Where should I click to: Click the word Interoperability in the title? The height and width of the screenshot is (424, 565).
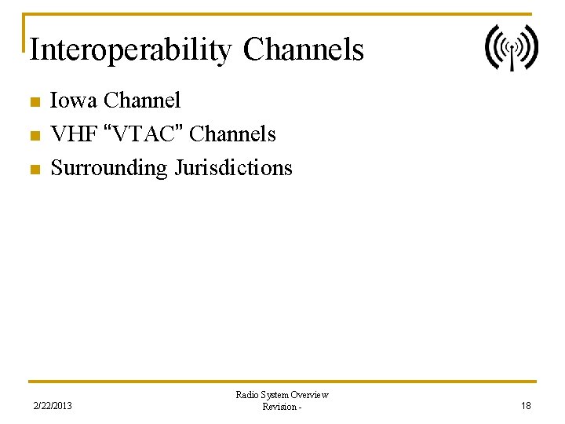pyautogui.click(x=130, y=49)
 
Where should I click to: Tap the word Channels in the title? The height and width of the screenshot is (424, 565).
pyautogui.click(x=304, y=49)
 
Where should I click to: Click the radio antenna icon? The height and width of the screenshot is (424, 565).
pyautogui.click(x=511, y=47)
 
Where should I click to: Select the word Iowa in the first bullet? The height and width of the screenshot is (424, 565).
pyautogui.click(x=75, y=101)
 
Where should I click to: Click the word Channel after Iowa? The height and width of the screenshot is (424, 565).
pyautogui.click(x=142, y=101)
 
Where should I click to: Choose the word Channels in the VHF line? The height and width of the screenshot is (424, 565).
pyautogui.click(x=233, y=134)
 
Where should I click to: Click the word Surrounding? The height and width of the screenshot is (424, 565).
pyautogui.click(x=109, y=168)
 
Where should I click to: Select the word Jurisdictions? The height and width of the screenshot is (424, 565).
pyautogui.click(x=233, y=168)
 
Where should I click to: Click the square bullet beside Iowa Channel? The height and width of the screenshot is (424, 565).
pyautogui.click(x=33, y=102)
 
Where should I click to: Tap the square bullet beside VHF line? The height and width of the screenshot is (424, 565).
pyautogui.click(x=33, y=136)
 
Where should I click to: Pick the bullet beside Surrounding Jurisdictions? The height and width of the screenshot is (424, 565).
pyautogui.click(x=33, y=170)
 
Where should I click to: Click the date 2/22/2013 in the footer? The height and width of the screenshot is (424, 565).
pyautogui.click(x=53, y=406)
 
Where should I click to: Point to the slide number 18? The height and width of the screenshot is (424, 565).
pyautogui.click(x=526, y=406)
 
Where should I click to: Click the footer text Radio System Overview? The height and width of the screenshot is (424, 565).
pyautogui.click(x=282, y=395)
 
